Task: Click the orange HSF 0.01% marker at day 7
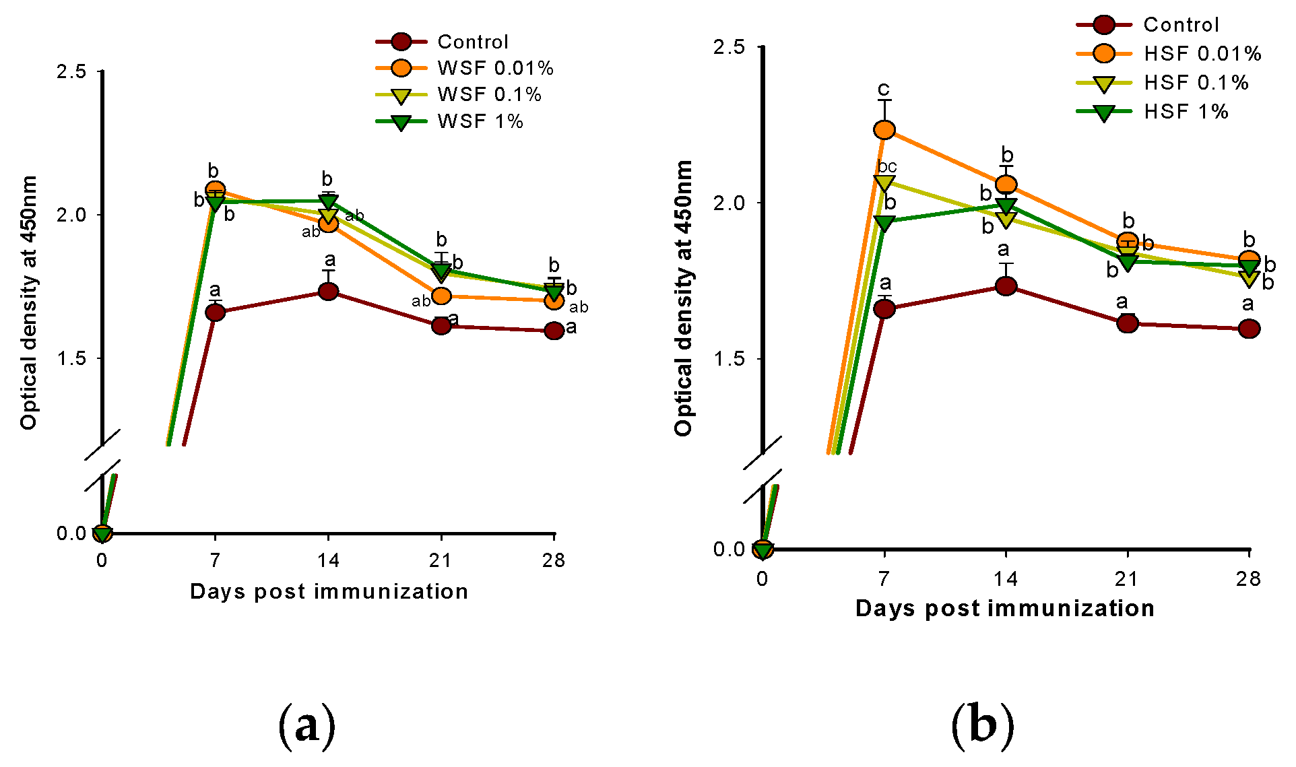884,129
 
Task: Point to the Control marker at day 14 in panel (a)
328,292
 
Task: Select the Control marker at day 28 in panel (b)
1249,329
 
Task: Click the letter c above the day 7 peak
883,89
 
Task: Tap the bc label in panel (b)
887,166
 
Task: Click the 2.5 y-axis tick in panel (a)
72,71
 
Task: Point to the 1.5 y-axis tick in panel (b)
729,358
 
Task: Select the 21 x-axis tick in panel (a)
441,560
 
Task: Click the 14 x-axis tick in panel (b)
1005,578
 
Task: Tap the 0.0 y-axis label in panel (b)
729,549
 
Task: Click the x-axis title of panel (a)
329,591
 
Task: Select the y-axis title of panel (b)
683,298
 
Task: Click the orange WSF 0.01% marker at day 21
441,296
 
